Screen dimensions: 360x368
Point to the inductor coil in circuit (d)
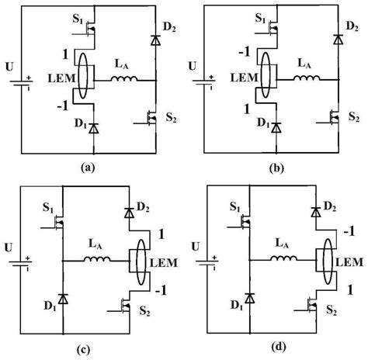[x=282, y=260]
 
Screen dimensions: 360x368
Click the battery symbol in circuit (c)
[x=29, y=262]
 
